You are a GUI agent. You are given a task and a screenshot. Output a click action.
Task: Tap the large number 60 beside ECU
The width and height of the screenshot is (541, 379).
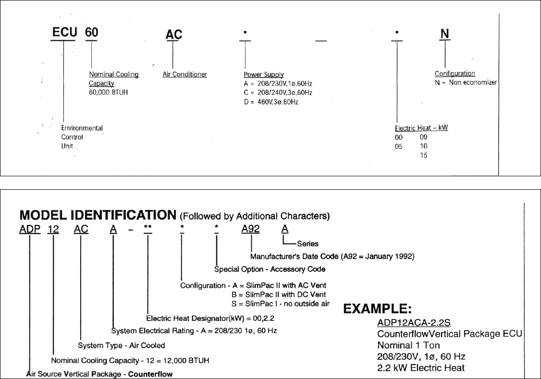[x=91, y=34]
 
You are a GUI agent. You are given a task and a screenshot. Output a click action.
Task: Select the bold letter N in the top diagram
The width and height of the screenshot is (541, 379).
[x=445, y=34]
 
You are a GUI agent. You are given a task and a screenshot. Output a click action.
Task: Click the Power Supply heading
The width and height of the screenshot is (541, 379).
[x=264, y=75]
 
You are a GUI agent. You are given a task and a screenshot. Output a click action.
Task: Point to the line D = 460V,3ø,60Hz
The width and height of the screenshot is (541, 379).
[x=271, y=102]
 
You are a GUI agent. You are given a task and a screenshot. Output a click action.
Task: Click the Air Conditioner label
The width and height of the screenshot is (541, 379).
[x=185, y=74]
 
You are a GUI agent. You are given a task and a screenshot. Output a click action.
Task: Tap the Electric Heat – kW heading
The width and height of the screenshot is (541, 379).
[x=421, y=128]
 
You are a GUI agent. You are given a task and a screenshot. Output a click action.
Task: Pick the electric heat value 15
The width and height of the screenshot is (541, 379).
[x=423, y=155]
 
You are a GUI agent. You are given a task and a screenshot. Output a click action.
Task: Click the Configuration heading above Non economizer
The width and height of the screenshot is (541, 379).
[x=455, y=73]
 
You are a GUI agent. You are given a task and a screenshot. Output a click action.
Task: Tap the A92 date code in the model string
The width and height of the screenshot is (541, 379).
[x=250, y=229]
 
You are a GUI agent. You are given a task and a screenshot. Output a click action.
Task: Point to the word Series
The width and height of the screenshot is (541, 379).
[x=307, y=244]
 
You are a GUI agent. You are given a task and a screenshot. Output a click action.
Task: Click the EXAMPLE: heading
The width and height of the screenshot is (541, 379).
[x=377, y=309]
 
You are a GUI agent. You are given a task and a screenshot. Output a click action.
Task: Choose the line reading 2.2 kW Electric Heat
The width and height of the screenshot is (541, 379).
[x=421, y=367]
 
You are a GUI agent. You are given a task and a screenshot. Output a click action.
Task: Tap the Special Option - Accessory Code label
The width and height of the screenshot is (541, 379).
[x=270, y=269]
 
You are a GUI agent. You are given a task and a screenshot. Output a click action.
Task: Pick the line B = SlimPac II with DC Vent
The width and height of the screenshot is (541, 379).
[x=279, y=294]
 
